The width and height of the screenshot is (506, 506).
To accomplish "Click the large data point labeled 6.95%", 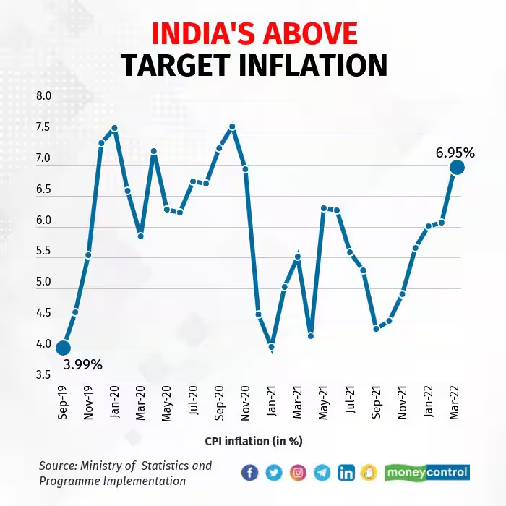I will point(457,167).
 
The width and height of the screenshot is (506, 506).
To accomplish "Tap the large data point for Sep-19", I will point(63,348).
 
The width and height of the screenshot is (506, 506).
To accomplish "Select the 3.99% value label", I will point(82,364).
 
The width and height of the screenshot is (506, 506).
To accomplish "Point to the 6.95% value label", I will point(455,153).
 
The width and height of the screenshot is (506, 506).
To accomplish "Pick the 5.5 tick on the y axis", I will point(43,252).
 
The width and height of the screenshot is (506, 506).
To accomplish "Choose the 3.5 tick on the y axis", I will point(43,375).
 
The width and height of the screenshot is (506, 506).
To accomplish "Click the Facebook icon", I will point(249,473).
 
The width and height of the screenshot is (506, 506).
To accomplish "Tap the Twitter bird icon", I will point(273,473).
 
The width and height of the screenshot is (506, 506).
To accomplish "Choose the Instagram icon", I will point(298,473).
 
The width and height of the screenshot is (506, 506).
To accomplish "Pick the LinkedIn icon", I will point(346,473).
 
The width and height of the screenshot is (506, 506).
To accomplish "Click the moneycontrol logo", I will point(426,473).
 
